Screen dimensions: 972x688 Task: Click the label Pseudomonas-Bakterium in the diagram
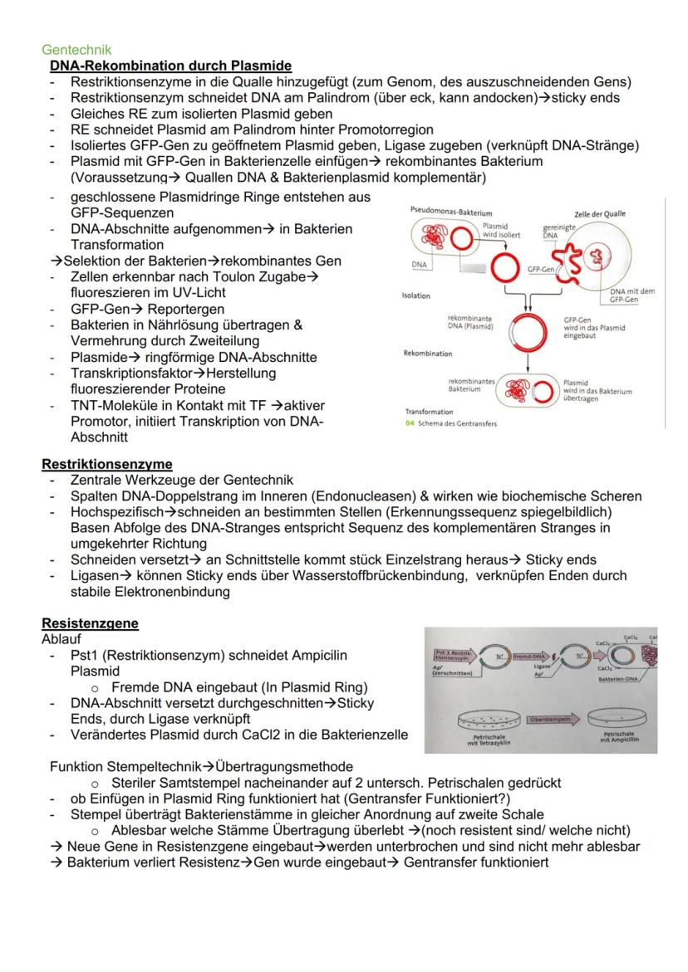click(445, 212)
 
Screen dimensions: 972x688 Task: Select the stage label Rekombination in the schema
click(427, 354)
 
